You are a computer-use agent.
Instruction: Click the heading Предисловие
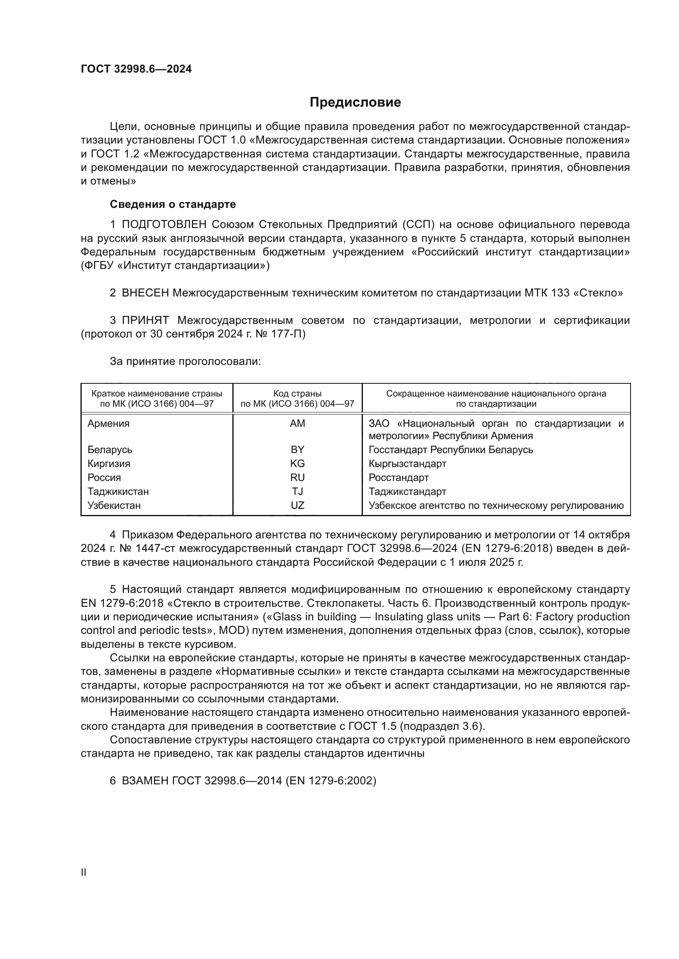pos(355,103)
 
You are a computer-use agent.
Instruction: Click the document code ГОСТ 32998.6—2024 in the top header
pos(136,69)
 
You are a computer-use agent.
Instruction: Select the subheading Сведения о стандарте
pos(173,204)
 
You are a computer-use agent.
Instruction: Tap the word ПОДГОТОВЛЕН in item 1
pos(164,225)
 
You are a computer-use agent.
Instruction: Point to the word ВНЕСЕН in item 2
pos(145,293)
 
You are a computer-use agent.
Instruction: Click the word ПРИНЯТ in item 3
pos(145,320)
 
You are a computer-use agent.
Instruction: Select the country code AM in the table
pos(297,424)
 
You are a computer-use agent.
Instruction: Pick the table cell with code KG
pos(297,464)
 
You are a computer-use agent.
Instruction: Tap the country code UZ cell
pos(297,506)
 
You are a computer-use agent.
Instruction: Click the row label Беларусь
pos(110,450)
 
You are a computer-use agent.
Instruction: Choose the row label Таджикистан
pos(118,492)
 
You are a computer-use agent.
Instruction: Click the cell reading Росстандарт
pos(399,477)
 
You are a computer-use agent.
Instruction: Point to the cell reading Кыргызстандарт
pos(407,464)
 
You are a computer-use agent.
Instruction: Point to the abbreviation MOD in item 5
pos(231,630)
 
